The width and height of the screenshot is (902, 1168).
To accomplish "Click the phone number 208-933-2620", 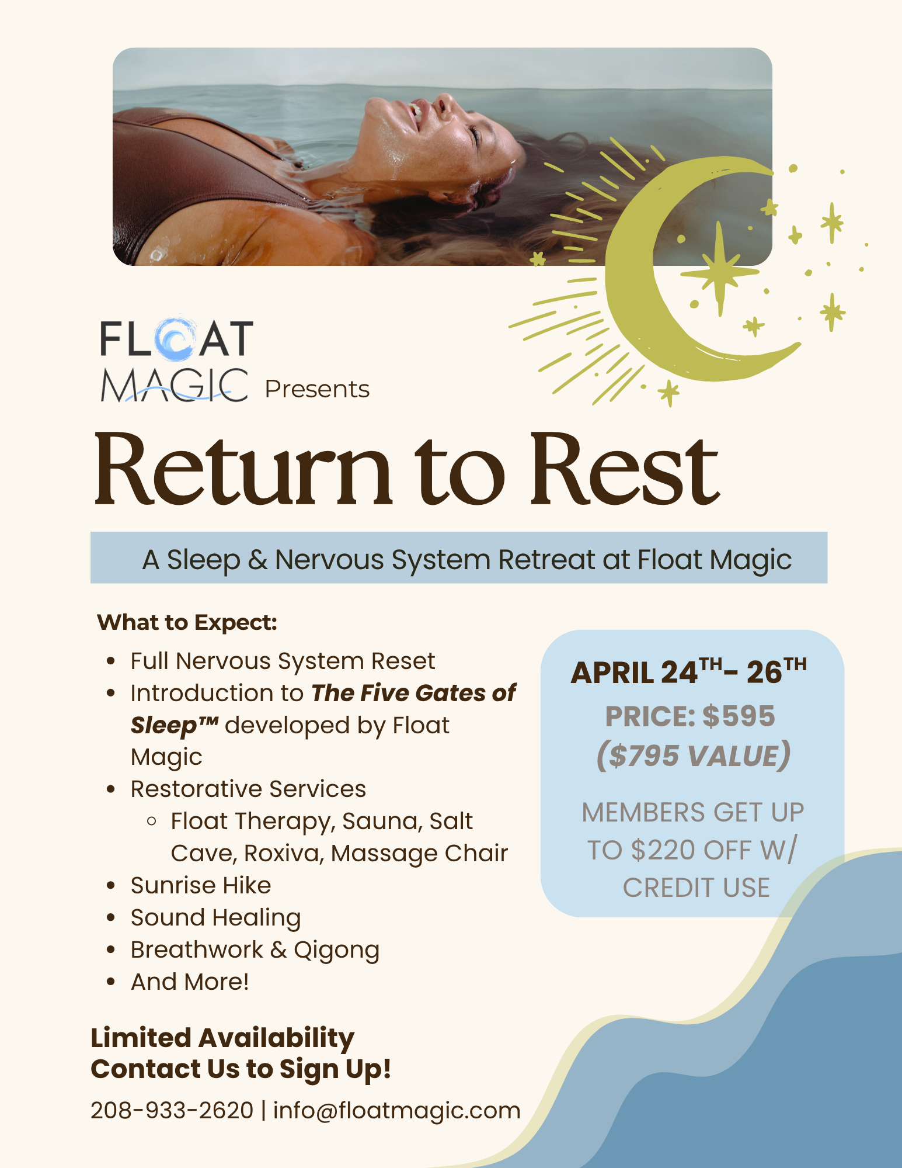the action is pos(172,1110).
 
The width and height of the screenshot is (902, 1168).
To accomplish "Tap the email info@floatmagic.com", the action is pos(396,1111).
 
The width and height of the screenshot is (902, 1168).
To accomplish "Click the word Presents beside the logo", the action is pos(317,389).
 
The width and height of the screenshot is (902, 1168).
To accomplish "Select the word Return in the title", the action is pos(243,470).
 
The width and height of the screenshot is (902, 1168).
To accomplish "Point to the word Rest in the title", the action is pos(625,470).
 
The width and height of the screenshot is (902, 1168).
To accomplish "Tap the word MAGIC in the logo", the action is pos(175,385).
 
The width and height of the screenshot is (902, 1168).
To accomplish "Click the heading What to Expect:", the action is pos(187,623).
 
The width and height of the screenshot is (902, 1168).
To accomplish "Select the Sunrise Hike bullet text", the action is pos(201,886).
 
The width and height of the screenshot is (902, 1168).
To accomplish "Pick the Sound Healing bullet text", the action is pos(216,918).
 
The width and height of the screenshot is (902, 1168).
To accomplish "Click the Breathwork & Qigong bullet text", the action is pos(255,950).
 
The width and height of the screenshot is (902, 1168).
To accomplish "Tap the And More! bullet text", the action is pos(190,982).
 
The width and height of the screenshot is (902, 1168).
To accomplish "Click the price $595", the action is pos(739,716).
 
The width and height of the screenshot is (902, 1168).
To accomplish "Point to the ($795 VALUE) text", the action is pos(694,755).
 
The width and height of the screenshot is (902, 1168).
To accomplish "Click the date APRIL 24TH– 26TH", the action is pos(689,672).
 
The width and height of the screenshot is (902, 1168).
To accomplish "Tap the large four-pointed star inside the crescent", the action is pos(719,270).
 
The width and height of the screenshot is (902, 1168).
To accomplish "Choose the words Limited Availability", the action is pos(222,1038).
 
